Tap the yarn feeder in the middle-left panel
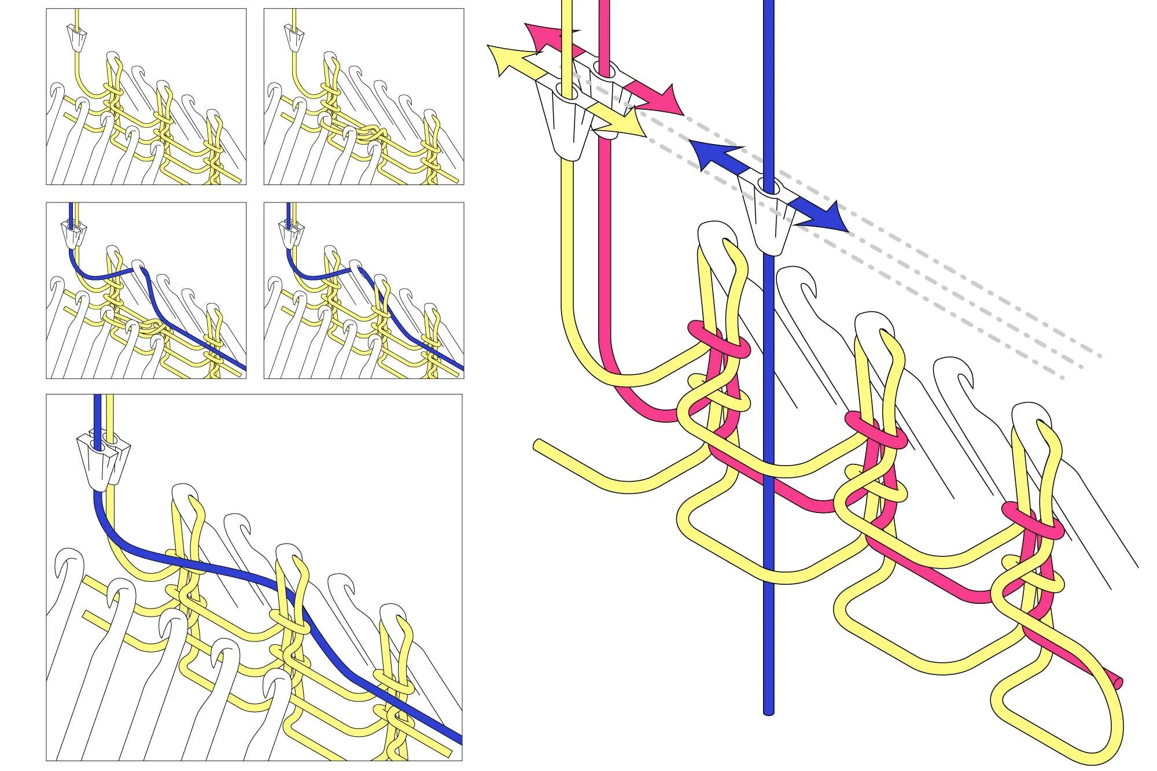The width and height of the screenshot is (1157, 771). click(72, 234)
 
